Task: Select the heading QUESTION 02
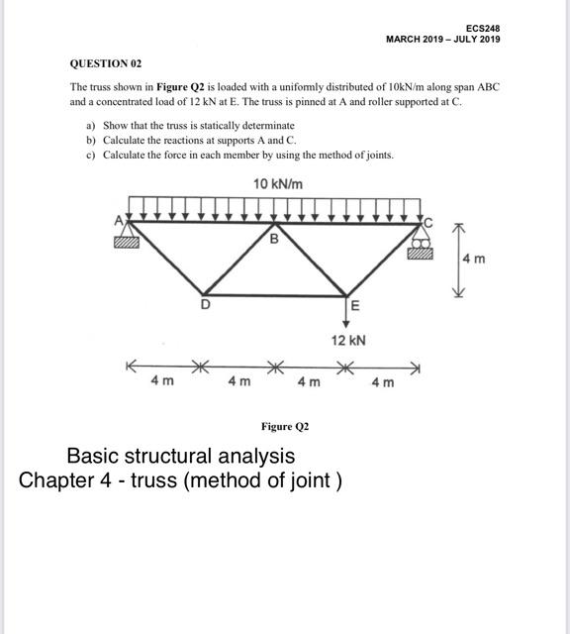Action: (106, 63)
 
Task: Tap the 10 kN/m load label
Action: (278, 184)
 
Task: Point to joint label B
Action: (274, 239)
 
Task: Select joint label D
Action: (205, 305)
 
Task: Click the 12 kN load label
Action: (348, 340)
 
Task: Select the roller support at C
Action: (422, 244)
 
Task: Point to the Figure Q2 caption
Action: (285, 426)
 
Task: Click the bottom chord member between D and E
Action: (277, 294)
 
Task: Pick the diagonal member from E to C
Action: (386, 259)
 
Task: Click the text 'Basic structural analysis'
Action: (180, 457)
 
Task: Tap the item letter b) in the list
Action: (91, 141)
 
